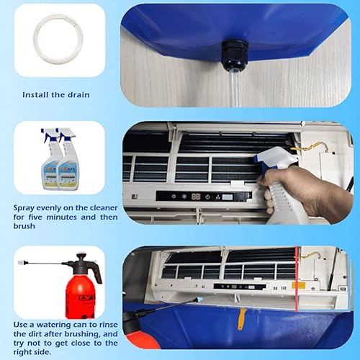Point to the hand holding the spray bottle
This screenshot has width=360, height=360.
pos(302,191)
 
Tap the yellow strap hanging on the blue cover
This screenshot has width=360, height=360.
pos(241,316)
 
